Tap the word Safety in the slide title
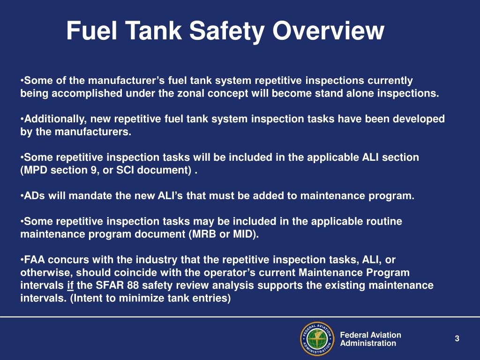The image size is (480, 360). [x=224, y=31]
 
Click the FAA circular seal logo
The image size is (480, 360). [x=316, y=338]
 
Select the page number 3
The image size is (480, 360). [x=457, y=339]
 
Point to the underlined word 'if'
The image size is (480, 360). [x=70, y=285]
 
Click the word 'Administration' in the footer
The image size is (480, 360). [x=368, y=343]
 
